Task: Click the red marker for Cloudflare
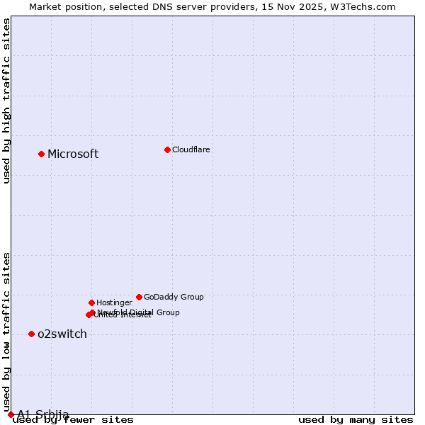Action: point(167,149)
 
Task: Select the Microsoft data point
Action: point(41,154)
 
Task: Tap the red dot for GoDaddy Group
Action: point(139,297)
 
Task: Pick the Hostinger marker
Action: point(91,302)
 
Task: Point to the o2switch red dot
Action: point(31,334)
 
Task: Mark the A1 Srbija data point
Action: point(11,414)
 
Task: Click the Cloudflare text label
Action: point(191,149)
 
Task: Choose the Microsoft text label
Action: point(73,154)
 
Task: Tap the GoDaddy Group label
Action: point(174,297)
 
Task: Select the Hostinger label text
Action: point(114,302)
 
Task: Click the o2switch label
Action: point(62,334)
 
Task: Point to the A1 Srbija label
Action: point(43,414)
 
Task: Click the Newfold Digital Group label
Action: point(139,312)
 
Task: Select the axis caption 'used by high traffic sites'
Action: point(7,101)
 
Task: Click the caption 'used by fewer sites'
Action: point(73,420)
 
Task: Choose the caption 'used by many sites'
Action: point(356,420)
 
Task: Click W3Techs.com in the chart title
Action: point(361,6)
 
